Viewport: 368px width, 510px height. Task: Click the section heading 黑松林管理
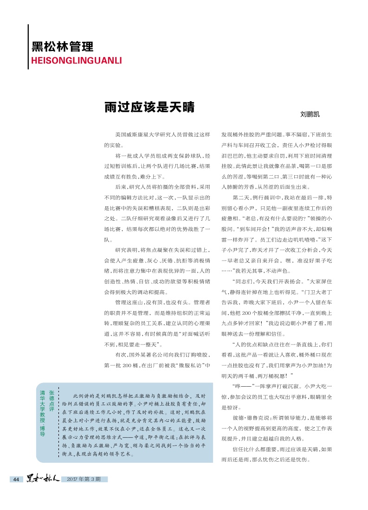[63, 47]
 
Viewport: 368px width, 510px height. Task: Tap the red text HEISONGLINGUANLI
[76, 60]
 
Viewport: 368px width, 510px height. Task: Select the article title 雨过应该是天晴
[149, 107]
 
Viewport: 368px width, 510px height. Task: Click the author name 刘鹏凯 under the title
[310, 114]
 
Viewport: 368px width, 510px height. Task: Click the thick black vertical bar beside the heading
[28, 46]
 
